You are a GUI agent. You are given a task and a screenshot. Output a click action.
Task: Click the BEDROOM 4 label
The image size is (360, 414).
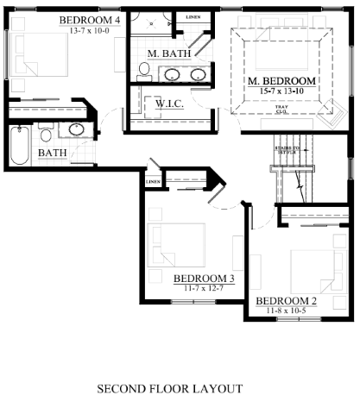pyautogui.click(x=90, y=19)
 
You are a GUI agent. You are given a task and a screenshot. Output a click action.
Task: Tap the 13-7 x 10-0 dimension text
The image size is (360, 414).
pyautogui.click(x=90, y=28)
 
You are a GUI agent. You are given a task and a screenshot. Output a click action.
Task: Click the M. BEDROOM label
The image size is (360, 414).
pyautogui.click(x=281, y=82)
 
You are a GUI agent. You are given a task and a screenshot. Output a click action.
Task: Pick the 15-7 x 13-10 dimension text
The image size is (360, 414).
pyautogui.click(x=281, y=91)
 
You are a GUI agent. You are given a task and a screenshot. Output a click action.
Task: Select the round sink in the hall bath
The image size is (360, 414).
pyautogui.click(x=76, y=131)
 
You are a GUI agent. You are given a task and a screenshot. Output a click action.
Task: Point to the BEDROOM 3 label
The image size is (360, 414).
pyautogui.click(x=204, y=279)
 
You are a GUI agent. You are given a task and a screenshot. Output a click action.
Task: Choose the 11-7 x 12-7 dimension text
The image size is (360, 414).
pyautogui.click(x=204, y=288)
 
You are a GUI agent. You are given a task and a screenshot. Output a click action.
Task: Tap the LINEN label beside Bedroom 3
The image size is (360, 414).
pyautogui.click(x=153, y=182)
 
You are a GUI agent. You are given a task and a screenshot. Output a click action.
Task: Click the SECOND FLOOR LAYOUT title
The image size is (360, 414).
pyautogui.click(x=169, y=388)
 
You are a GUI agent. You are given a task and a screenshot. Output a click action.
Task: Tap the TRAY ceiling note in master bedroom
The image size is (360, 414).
pyautogui.click(x=281, y=107)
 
